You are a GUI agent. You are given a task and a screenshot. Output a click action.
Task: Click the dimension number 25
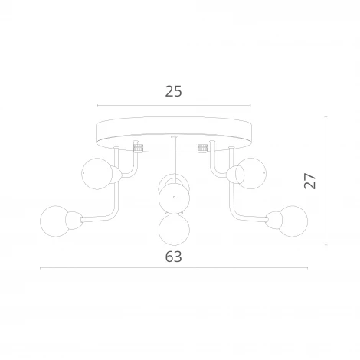coord(173,91)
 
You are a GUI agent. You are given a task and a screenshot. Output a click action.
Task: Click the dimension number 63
coord(174,257)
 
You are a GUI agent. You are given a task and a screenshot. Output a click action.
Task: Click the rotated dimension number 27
coord(309,181)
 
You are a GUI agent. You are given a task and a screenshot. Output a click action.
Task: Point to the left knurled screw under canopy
coord(139,146)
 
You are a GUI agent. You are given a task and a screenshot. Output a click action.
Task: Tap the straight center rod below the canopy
coord(174,157)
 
